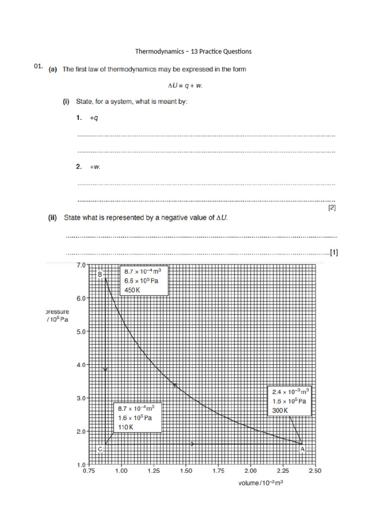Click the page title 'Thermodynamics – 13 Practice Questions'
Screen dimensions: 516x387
click(193, 51)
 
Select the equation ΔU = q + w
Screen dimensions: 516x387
click(193, 85)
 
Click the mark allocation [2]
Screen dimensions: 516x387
click(332, 207)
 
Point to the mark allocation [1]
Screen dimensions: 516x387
click(333, 252)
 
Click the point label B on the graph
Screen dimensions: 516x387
click(100, 274)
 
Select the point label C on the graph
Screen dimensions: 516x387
click(100, 449)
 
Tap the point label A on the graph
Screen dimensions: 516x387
click(302, 449)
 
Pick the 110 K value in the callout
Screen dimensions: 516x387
click(125, 427)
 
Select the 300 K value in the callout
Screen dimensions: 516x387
click(280, 410)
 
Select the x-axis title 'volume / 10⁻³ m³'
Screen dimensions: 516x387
click(261, 483)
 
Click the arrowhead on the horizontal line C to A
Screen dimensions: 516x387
click(192, 444)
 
